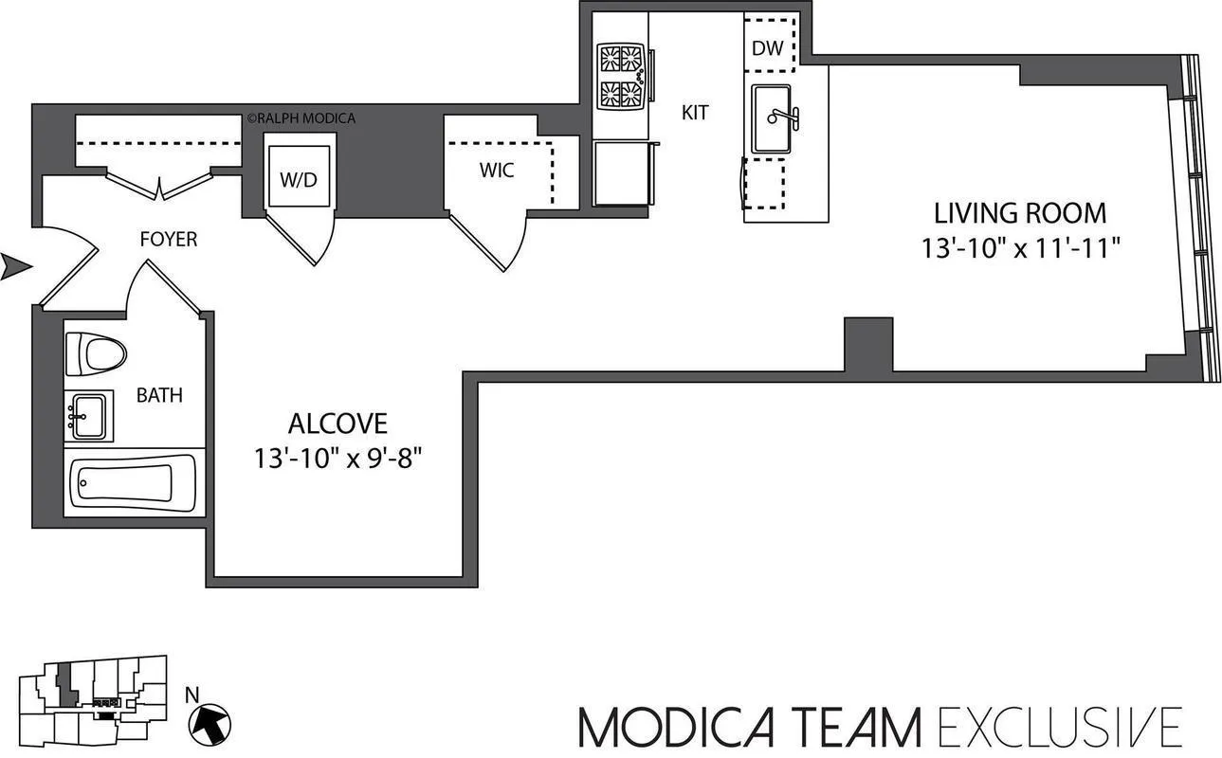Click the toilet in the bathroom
point(96,354)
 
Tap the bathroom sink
point(89,416)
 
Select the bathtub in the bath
point(133,482)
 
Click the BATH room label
point(159,395)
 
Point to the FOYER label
point(169,239)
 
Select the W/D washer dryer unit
point(300,178)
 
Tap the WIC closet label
point(497,171)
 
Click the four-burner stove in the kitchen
point(621,77)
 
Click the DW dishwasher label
point(768,48)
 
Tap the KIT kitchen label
point(695,113)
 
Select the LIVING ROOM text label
point(1020,212)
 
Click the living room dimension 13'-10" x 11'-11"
point(1021,248)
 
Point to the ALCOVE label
point(337,423)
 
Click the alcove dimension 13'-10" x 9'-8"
point(337,459)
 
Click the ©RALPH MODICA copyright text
point(301,118)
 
